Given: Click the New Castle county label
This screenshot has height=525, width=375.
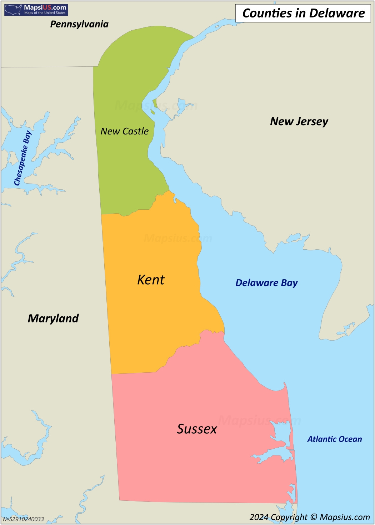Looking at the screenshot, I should tap(125, 131).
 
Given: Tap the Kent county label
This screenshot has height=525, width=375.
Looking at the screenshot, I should tap(151, 280).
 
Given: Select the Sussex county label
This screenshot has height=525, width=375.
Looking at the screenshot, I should tap(197, 429).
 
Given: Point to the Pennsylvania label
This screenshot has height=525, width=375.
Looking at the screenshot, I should tap(79, 24).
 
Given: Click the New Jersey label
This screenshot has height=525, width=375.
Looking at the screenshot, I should tap(299, 122).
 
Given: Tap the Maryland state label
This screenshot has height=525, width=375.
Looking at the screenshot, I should tap(53, 318).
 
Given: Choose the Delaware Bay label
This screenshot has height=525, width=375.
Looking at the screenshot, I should tap(266, 283).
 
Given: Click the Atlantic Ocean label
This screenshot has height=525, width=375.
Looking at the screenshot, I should tap(335, 439).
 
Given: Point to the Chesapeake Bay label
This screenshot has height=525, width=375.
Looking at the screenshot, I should tap(23, 158).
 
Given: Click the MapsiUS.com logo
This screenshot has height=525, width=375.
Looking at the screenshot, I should tap(36, 10).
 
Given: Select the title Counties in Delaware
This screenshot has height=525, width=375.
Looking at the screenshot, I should tap(303, 13).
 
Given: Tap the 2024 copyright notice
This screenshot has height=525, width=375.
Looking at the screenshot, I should tap(310, 517).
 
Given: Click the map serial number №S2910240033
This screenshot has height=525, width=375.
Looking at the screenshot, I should tap(24, 519).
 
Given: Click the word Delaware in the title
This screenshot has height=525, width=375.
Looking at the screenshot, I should tap(337, 13).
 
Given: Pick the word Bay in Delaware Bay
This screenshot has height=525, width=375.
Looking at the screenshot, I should tap(289, 283).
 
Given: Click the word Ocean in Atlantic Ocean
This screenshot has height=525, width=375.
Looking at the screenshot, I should tap(350, 439).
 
